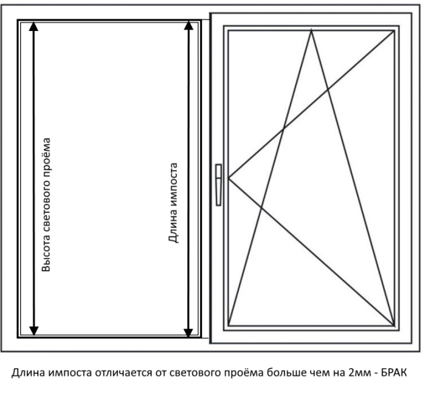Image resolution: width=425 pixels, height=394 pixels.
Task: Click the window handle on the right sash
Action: pos(219,184)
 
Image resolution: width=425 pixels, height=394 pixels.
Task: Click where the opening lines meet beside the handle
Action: pos(229,178)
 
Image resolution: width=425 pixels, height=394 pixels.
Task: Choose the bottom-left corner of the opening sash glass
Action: pos(229,325)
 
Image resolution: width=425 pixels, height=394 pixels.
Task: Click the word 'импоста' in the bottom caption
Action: pos(60,373)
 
